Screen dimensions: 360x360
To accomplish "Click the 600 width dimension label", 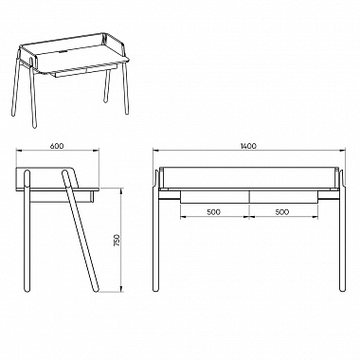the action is (x=57, y=146).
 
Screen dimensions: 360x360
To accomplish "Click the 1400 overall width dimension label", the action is (x=248, y=146).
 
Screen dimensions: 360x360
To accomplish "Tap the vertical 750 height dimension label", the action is (x=117, y=240).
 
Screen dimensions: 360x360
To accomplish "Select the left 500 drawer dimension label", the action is (x=214, y=212).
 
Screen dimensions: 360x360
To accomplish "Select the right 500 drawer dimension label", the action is (x=282, y=212).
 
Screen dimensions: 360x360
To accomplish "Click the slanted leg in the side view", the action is (x=81, y=230).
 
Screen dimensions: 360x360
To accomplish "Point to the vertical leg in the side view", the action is (x=27, y=231).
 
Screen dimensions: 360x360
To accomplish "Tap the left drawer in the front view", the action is (x=215, y=196).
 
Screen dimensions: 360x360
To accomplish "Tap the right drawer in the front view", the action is (x=283, y=196).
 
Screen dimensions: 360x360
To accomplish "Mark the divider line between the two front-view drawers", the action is (x=249, y=196).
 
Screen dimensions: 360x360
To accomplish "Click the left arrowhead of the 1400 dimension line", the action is (x=155, y=151).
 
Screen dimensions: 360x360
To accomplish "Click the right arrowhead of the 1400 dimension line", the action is (x=342, y=151).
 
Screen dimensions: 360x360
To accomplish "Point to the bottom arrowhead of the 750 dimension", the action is (x=121, y=289).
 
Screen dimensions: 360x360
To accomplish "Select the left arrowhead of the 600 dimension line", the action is (x=19, y=151).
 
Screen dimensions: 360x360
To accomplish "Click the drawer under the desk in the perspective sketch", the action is (x=86, y=71).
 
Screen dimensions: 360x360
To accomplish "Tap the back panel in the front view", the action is (x=248, y=177).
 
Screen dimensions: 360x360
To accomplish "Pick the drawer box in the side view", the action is (x=62, y=196).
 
